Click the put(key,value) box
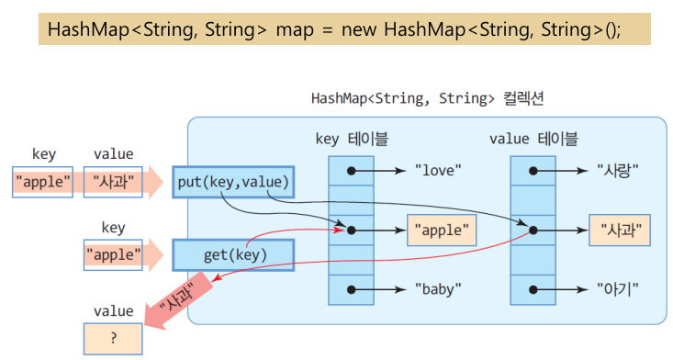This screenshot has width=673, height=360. click(232, 182)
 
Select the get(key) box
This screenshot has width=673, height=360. click(232, 253)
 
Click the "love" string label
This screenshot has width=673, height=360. click(437, 170)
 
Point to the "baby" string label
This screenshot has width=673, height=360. click(437, 288)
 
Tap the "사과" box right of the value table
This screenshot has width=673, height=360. click(620, 230)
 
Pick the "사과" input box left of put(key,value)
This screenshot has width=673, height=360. click(113, 182)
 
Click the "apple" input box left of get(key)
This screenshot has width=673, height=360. click(113, 253)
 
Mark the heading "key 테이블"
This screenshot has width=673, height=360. click(351, 139)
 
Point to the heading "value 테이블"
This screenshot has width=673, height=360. click(533, 139)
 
